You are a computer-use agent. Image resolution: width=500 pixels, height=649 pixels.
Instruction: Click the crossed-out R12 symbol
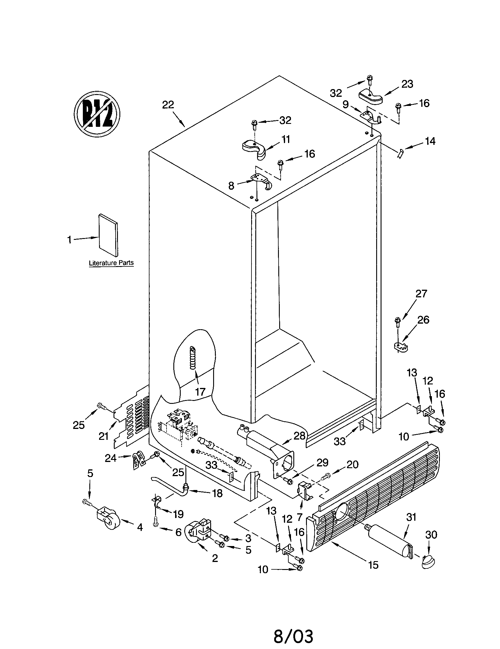point(97,114)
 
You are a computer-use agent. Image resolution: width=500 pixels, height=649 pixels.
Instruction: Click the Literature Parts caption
point(111,263)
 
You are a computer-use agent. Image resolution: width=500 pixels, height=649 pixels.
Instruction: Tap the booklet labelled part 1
point(108,235)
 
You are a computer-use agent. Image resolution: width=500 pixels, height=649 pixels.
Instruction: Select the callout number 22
point(168,105)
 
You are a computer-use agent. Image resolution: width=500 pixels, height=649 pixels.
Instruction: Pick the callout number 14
point(430,141)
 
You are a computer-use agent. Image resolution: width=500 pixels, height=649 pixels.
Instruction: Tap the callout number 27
point(421,294)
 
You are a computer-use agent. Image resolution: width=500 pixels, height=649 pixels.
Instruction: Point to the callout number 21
point(103,436)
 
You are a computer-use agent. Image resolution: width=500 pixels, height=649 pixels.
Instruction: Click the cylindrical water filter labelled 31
point(389,540)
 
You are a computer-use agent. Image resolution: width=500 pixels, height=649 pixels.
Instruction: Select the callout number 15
point(374,565)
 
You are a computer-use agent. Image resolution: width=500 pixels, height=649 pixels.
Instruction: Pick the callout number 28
point(299,436)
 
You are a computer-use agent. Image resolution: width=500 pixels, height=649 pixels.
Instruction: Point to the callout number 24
point(111,458)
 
